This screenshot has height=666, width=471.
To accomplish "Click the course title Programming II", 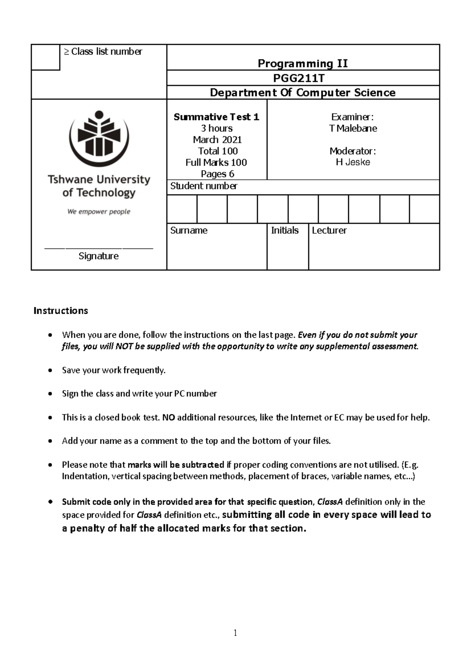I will click(303, 63).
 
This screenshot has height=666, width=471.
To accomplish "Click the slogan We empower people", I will click(99, 212).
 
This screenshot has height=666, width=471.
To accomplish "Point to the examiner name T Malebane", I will click(353, 128).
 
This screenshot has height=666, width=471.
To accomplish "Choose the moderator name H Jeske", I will click(353, 162).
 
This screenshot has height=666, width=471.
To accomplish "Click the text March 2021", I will click(217, 140).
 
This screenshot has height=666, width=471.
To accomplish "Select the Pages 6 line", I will click(217, 174).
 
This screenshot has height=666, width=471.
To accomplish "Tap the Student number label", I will click(204, 186).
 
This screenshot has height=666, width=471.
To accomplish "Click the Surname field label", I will click(189, 231).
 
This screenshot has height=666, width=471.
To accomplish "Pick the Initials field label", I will click(285, 231).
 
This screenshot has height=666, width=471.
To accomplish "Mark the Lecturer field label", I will click(329, 231).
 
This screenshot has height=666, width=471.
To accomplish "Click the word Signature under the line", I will click(99, 256).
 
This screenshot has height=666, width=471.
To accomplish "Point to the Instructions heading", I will click(61, 311).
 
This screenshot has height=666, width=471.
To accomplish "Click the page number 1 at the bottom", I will click(235, 633).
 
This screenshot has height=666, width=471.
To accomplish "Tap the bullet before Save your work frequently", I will click(49, 370).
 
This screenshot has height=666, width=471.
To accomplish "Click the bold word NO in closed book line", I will click(168, 417).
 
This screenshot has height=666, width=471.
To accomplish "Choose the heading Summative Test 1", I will click(217, 117).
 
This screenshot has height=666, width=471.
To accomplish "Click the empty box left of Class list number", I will click(46, 57).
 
